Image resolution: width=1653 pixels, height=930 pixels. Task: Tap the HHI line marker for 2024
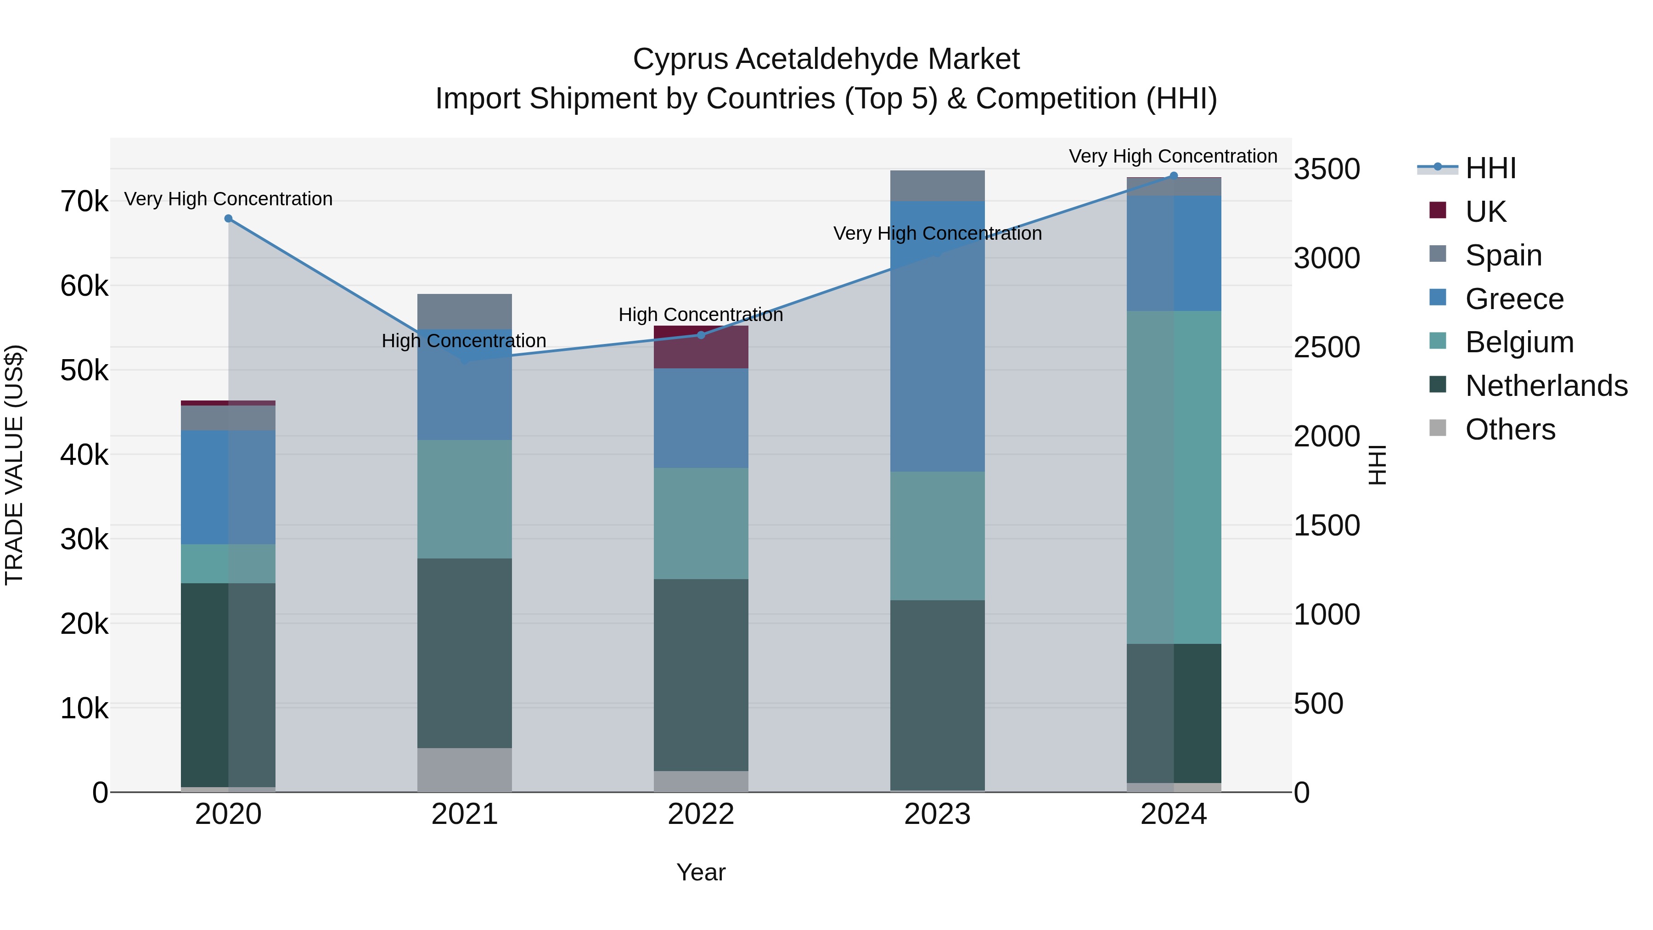1174,176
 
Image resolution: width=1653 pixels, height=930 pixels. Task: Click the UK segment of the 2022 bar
701,347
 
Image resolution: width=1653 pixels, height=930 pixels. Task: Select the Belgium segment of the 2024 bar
1174,478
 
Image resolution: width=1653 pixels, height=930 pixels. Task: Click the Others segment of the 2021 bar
465,770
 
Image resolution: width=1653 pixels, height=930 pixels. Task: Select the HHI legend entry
1490,168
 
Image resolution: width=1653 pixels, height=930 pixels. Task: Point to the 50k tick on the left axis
84,370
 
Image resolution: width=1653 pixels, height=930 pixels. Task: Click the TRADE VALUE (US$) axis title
15,465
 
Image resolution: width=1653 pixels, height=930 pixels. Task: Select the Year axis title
701,872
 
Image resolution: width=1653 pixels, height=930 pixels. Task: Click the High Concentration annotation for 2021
464,341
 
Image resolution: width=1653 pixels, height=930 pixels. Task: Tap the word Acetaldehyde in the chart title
826,59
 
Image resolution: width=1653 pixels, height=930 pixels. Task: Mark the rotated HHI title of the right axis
1377,465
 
